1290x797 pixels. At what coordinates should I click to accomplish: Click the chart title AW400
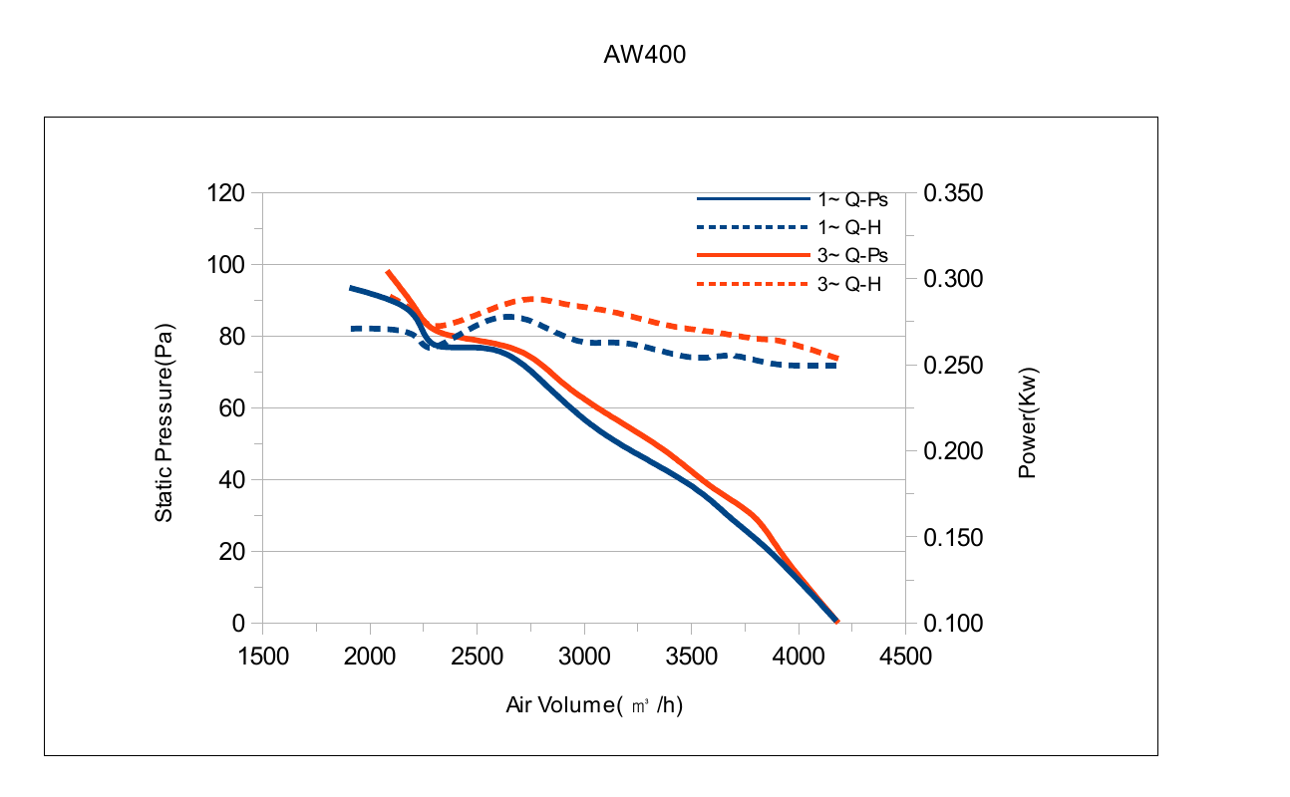click(x=644, y=55)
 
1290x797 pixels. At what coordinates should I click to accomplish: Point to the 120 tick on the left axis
click(x=225, y=193)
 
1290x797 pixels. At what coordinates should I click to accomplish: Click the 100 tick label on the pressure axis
click(x=225, y=265)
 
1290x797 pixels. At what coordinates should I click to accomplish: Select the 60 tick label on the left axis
click(x=232, y=408)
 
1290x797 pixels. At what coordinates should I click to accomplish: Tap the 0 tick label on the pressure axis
click(x=238, y=624)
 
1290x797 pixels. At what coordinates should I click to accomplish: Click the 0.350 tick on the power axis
click(x=953, y=193)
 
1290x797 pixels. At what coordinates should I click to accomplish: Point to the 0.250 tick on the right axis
click(x=953, y=366)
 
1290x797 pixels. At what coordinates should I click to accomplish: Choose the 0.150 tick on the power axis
click(x=953, y=538)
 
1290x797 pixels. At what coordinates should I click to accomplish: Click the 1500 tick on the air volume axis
click(x=263, y=657)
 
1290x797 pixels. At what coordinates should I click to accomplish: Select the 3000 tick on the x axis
click(x=584, y=657)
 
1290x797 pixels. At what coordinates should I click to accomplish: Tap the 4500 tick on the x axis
click(x=905, y=657)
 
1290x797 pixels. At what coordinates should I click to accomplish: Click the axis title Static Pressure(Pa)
click(x=163, y=422)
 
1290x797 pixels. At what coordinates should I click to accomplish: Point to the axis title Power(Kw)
click(x=1028, y=423)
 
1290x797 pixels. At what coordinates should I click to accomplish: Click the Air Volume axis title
click(x=594, y=705)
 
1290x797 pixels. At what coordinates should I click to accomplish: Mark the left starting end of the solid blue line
click(x=350, y=288)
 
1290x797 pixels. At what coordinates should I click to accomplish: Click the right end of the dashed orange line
click(x=838, y=359)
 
